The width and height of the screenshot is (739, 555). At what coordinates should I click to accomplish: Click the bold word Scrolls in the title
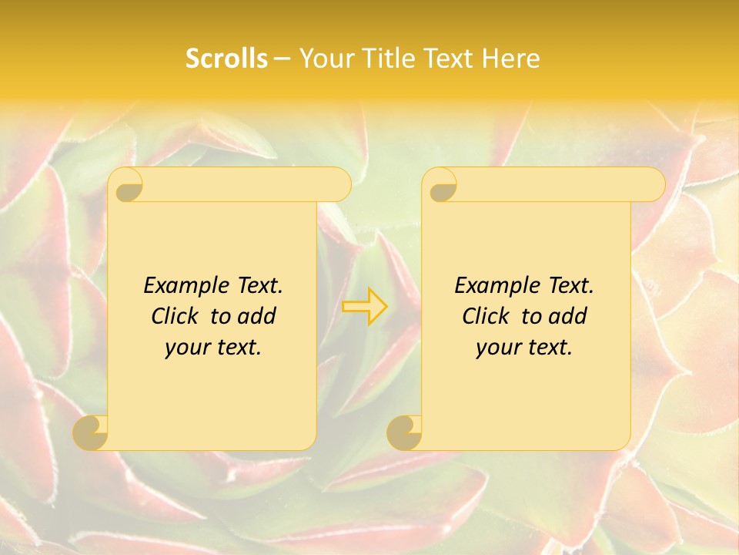pos(226,59)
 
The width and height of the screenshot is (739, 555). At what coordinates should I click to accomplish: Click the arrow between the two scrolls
pos(364,306)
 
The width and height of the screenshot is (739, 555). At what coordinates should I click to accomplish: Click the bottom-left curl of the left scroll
pos(91,432)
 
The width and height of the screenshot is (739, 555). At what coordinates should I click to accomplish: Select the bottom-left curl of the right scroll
pos(404,432)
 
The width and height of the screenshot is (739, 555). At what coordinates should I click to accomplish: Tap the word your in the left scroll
pos(187,347)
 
